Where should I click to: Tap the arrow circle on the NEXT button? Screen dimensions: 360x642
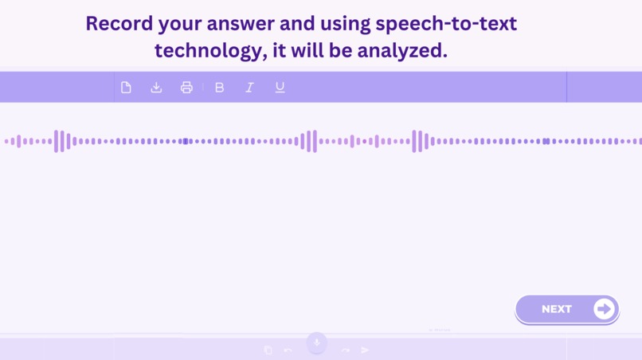tap(604, 309)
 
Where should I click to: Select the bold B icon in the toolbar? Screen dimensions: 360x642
tap(220, 88)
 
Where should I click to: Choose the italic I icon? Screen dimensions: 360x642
tap(249, 88)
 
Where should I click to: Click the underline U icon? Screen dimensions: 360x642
tap(280, 88)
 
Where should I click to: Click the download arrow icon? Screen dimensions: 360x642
tap(156, 88)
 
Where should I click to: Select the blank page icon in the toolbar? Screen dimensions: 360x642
tap(126, 88)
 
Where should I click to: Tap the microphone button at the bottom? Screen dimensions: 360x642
tap(316, 342)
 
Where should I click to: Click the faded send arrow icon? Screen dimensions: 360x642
tap(365, 350)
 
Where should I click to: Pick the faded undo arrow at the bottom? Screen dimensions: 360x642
tap(288, 350)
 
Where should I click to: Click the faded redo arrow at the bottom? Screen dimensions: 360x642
tap(346, 350)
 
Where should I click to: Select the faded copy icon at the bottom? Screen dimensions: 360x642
tap(268, 350)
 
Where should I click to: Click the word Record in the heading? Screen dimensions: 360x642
tap(118, 24)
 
